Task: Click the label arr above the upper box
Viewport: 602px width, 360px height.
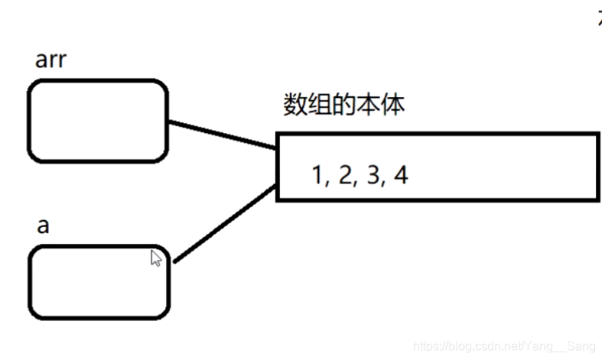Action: [51, 61]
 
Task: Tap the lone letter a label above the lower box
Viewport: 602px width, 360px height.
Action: [44, 228]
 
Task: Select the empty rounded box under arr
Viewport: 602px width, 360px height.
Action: [97, 121]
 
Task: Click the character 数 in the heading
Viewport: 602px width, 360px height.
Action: [295, 106]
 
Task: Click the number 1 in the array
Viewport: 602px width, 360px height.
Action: [317, 176]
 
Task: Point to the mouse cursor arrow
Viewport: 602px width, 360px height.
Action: [155, 258]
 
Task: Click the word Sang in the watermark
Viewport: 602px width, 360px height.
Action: [581, 348]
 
